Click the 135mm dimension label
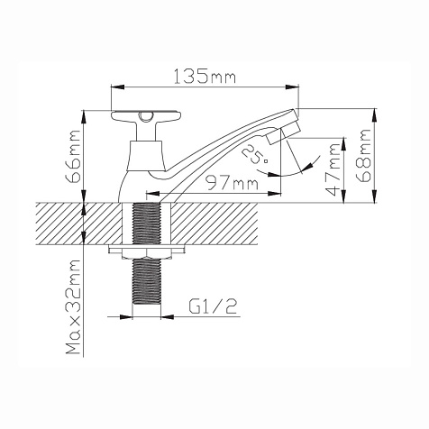click(x=205, y=77)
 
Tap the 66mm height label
click(x=74, y=156)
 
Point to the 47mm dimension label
click(x=333, y=169)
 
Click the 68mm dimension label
click(x=362, y=156)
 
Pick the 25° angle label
click(x=254, y=153)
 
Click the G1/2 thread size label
click(x=214, y=306)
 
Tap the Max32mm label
click(x=74, y=307)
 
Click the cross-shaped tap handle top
click(x=146, y=116)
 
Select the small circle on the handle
click(x=146, y=116)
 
